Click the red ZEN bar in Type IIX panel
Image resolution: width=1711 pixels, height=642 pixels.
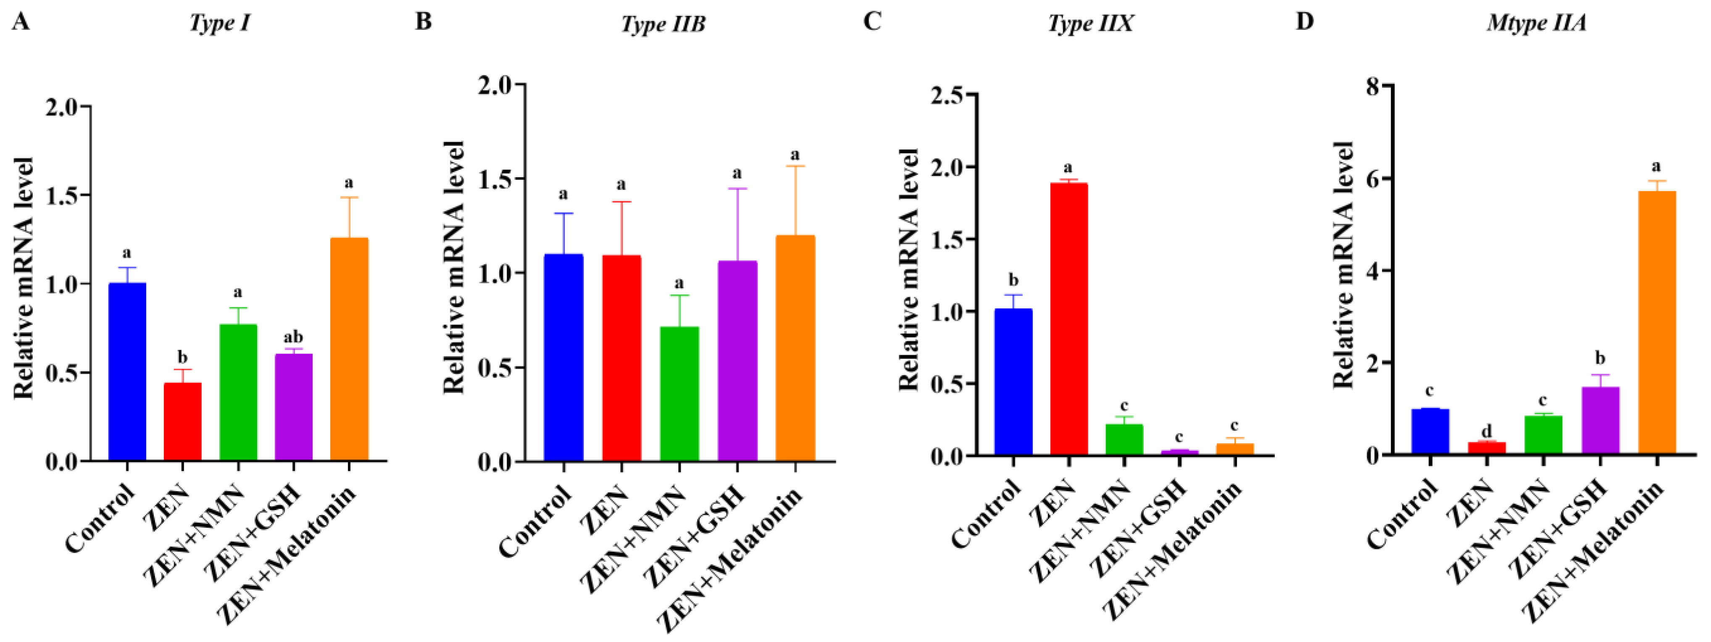(1069, 319)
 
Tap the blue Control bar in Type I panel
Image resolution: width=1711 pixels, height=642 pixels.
(127, 372)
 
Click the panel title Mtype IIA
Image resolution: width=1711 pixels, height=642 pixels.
(1536, 23)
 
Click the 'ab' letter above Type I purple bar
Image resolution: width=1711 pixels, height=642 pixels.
(293, 337)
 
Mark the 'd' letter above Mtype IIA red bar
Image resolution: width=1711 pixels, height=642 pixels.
(1487, 432)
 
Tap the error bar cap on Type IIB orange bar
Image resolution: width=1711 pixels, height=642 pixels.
(795, 166)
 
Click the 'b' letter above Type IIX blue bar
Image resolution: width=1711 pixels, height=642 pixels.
(1013, 280)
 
